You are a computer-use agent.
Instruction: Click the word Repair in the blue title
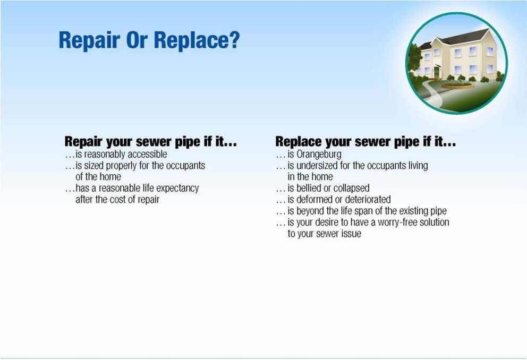[89, 40]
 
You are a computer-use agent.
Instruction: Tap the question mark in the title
[234, 40]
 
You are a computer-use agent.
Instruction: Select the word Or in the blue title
[137, 40]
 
